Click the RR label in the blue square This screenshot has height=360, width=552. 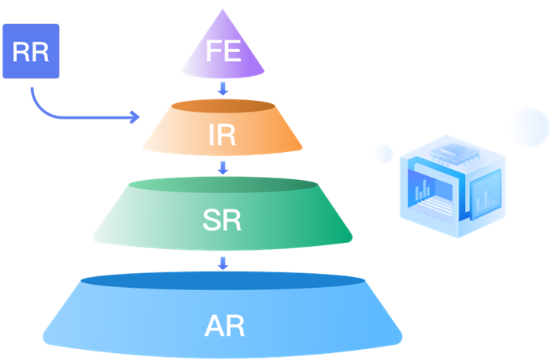pos(31,52)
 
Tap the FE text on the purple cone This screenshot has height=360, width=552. pos(224,52)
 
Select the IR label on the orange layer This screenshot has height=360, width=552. pos(223,134)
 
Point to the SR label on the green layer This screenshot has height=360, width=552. pos(223,220)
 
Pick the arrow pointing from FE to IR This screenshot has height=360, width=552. pos(224,88)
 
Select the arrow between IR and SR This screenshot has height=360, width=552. pos(224,167)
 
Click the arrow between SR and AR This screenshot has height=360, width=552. pos(224,263)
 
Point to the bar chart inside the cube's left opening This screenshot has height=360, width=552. pos(425,192)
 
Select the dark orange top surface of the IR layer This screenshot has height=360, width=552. pos(223,106)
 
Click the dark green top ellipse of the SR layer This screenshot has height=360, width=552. pos(223,185)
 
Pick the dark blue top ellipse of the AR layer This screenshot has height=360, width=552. pos(224,280)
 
